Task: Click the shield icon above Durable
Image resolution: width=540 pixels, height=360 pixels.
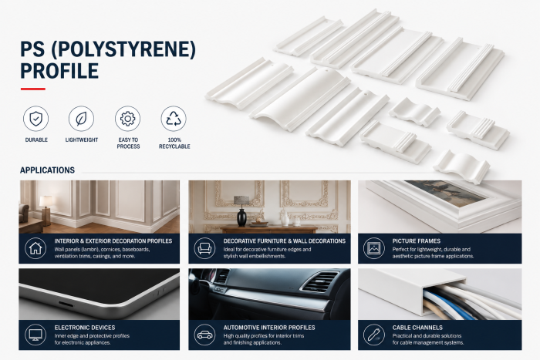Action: point(35,119)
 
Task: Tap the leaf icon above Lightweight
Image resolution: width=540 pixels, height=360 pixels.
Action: point(81,119)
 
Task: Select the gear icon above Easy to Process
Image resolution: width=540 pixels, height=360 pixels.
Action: point(128,119)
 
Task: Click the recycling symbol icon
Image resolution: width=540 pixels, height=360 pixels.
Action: point(174,119)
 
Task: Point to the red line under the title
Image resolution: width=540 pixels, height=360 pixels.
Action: point(32,89)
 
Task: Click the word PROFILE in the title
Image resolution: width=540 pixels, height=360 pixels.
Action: point(59,71)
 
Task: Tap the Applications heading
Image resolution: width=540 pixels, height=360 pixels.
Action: point(48,170)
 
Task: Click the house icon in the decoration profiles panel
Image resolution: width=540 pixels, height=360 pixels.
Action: point(35,248)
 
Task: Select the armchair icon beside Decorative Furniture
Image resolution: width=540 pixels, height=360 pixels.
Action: point(204,248)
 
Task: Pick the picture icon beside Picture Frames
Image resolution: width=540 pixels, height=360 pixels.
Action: point(373,248)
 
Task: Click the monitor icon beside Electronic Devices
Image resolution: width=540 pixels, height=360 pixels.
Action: point(35,335)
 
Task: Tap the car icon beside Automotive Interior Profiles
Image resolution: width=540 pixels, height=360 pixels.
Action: point(204,335)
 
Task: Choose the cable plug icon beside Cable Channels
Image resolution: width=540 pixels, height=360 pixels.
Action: point(373,335)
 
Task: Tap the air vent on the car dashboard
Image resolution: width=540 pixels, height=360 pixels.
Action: point(319,281)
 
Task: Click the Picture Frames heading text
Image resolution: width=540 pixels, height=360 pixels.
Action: point(417,241)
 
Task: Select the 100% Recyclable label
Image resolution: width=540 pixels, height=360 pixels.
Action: point(174,143)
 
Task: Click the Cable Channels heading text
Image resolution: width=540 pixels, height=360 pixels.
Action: point(417,328)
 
